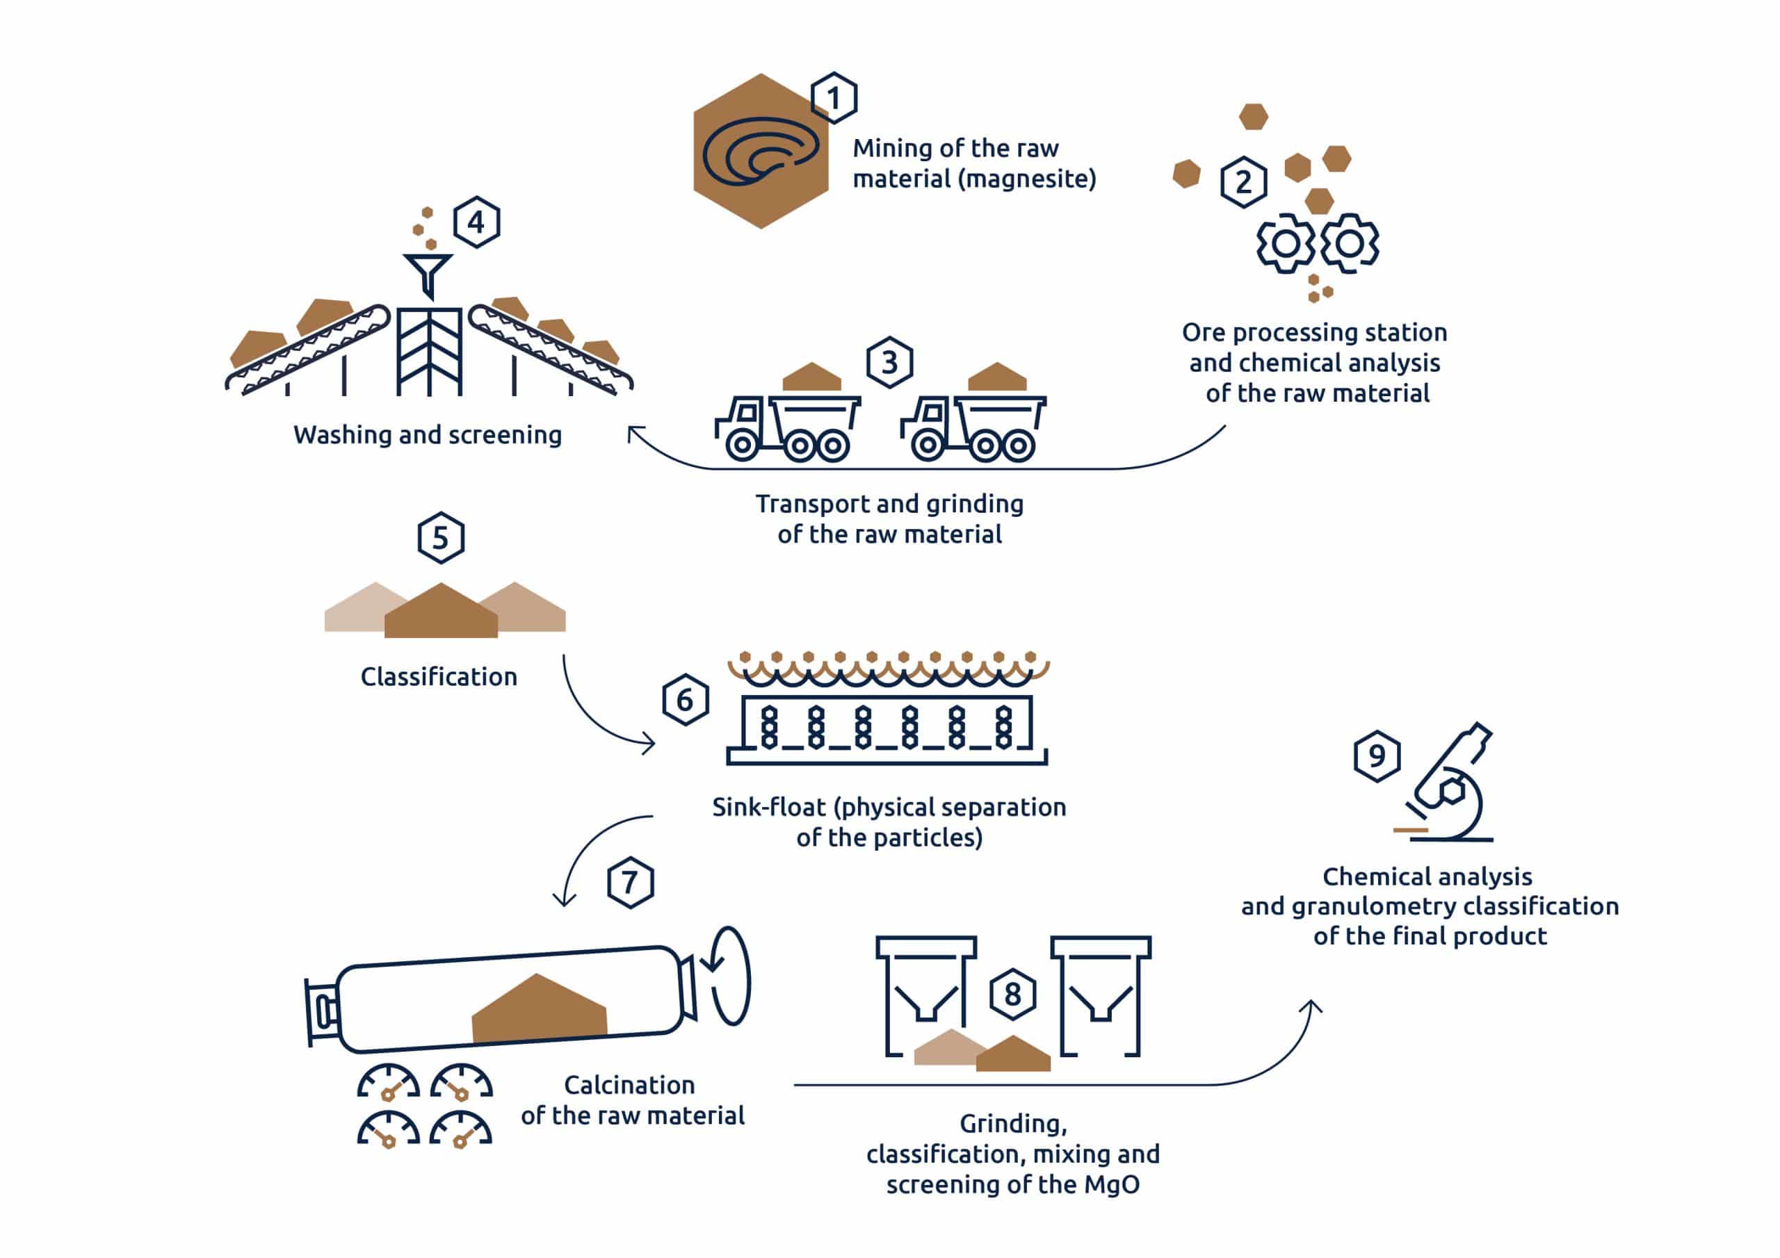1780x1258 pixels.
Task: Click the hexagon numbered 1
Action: (834, 99)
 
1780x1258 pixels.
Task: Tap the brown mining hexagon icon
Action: (760, 151)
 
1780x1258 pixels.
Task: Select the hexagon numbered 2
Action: (1243, 182)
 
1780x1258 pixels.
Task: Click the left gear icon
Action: (1286, 243)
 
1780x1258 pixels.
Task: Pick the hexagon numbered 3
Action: (889, 362)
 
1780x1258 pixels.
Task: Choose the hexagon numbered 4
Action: (476, 222)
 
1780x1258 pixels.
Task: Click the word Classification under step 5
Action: (439, 677)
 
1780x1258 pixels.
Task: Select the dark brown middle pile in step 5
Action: (441, 614)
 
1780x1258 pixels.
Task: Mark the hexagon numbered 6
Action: (686, 700)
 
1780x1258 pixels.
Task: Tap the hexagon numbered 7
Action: (630, 882)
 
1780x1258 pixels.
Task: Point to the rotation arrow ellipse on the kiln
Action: (731, 977)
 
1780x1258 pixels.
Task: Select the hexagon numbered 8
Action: (1012, 995)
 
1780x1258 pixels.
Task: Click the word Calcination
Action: (629, 1085)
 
